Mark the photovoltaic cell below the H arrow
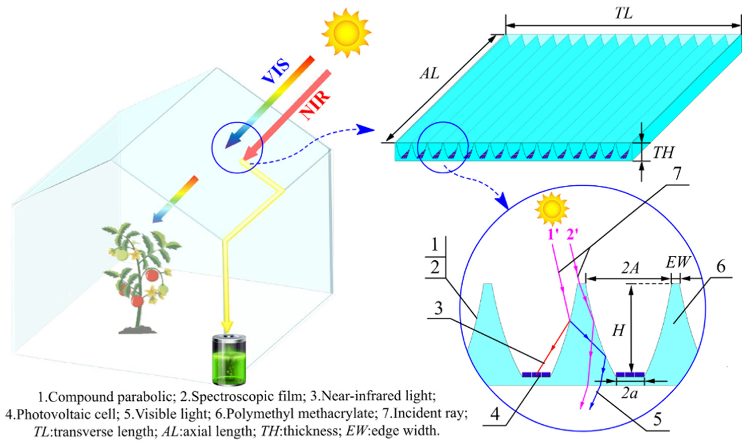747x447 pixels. [x=630, y=374]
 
